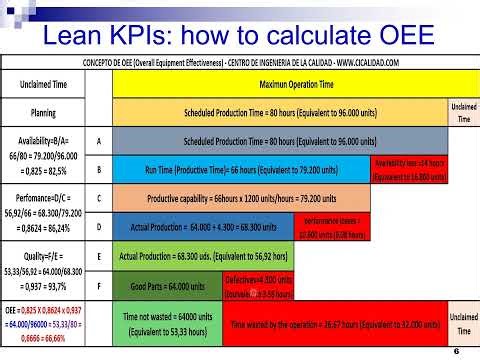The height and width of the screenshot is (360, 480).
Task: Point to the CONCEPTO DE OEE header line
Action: point(240,63)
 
